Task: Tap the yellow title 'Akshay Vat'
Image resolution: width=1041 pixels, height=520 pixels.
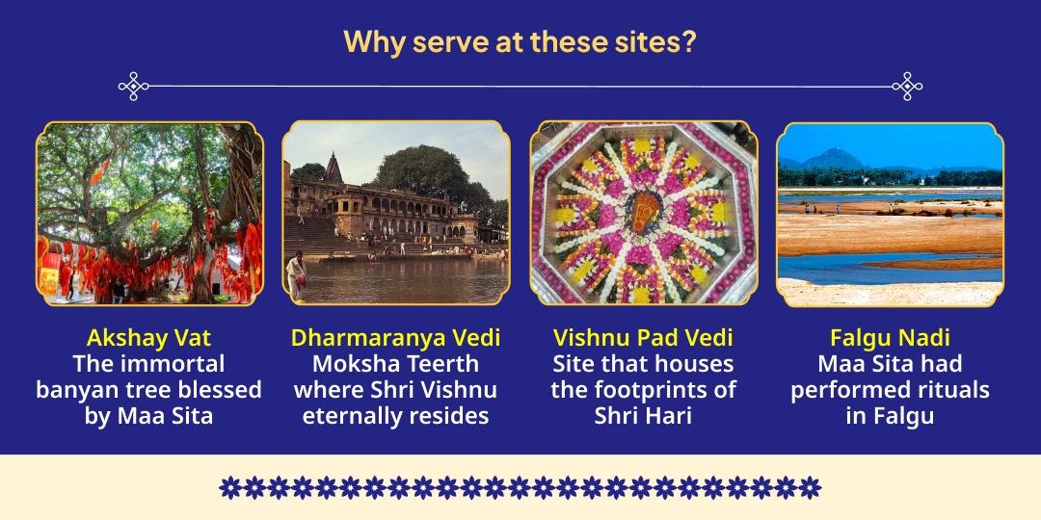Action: click(x=148, y=338)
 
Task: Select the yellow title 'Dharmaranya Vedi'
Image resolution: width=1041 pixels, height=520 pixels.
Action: click(x=395, y=338)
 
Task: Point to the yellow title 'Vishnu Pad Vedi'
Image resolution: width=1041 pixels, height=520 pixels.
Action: click(x=643, y=338)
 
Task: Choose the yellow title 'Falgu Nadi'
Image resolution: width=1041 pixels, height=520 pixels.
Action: click(x=890, y=338)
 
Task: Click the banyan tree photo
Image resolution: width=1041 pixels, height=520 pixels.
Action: click(x=149, y=213)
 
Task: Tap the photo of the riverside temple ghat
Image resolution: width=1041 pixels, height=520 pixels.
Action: click(x=396, y=213)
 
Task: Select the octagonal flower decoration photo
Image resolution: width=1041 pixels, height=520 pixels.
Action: click(x=644, y=213)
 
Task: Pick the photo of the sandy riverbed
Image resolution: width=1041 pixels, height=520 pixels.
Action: click(x=891, y=213)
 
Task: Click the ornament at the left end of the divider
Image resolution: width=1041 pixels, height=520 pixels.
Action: click(x=133, y=87)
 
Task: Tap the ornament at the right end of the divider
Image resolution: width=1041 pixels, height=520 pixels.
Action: click(x=907, y=87)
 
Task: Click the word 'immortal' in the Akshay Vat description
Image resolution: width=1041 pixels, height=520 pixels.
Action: click(x=170, y=364)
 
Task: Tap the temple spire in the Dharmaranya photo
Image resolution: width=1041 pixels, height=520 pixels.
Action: click(x=333, y=167)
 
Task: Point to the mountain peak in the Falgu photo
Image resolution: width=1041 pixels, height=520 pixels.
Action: click(x=833, y=155)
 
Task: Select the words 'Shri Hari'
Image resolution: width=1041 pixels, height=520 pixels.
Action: click(x=643, y=416)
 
